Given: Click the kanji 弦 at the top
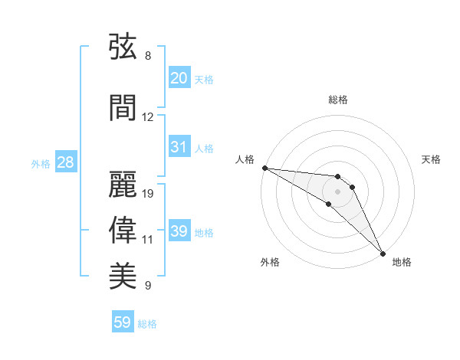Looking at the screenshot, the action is tap(123, 46).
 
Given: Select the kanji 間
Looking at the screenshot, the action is tap(123, 107).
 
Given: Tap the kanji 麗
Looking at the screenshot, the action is tap(123, 184).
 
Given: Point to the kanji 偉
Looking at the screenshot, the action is tap(123, 230).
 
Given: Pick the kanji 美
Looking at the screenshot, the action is tap(123, 276).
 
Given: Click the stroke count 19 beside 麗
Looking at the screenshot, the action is tap(147, 194).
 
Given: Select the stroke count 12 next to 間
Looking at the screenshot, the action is tap(147, 117).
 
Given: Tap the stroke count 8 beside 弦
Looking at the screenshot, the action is tap(148, 56).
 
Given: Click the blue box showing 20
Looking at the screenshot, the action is tap(179, 77).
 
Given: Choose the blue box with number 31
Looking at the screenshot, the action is tap(179, 146).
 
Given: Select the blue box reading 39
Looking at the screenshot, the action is tap(179, 230).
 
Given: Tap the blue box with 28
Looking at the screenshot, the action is tap(66, 162).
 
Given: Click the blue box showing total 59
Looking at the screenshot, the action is tap(123, 321).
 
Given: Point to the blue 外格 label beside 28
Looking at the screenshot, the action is tap(41, 164).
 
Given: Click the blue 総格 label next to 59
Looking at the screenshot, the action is tap(147, 324).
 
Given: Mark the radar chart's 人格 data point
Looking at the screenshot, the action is tap(265, 168).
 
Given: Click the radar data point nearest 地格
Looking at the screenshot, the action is tap(383, 254).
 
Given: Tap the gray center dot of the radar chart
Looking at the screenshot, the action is tap(337, 191).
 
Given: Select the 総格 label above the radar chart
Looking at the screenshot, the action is tap(338, 100).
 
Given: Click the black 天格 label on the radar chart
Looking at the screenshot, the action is tap(431, 159).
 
